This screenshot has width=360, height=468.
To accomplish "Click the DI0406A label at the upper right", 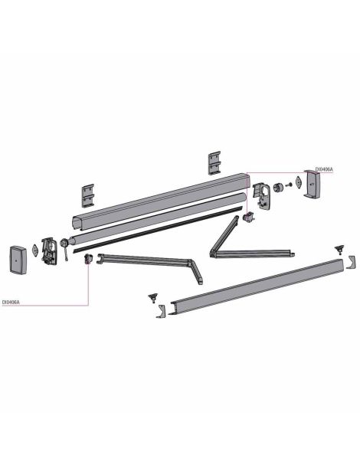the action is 324,169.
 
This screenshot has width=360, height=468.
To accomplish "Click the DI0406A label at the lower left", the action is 11,302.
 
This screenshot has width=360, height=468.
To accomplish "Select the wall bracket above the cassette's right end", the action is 214,163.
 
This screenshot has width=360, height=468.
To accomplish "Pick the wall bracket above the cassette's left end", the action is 88,195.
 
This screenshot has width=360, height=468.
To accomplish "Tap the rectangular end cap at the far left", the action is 18,260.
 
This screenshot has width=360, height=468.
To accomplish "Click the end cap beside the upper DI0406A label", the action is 312,184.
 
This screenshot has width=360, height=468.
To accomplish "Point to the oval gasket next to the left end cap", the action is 35,250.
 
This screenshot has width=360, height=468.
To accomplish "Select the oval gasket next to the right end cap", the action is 299,182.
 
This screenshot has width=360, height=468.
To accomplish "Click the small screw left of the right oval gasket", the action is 288,185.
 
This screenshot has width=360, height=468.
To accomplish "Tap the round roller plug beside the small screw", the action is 278,188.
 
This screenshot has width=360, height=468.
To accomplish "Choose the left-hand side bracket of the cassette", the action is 49,251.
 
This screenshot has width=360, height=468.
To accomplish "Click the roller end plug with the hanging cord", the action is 64,245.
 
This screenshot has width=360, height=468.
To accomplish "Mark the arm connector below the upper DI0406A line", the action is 249,217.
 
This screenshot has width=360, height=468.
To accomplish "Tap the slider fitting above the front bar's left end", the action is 153,298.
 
